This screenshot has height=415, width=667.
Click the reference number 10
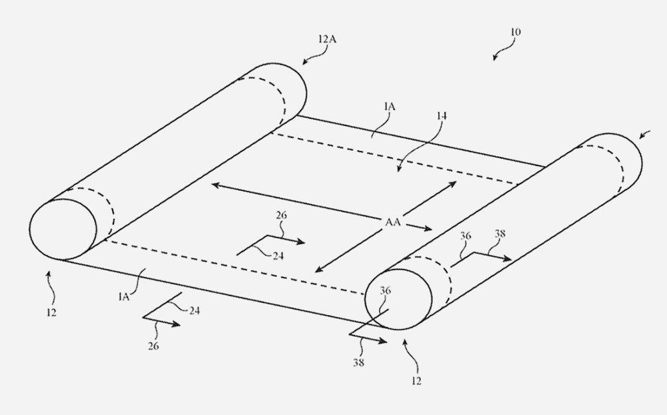pos(515,32)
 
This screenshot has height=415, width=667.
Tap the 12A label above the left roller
pos(327,39)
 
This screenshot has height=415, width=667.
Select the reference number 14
pos(441,116)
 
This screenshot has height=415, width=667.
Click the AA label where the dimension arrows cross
pos(393,222)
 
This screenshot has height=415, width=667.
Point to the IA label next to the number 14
pos(390,106)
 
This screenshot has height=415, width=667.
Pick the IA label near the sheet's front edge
pos(124,297)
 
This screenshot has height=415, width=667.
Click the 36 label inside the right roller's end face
pos(385,291)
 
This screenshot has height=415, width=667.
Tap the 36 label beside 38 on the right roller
pos(466,236)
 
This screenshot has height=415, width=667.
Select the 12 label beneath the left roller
pos(51,313)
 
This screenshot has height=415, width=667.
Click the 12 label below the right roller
pos(416,381)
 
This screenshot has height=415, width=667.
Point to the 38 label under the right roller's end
pos(359,363)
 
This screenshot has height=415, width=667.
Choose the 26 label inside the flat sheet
pos(281,216)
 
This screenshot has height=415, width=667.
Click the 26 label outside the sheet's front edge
pos(153,346)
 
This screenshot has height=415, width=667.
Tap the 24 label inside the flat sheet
pos(278,256)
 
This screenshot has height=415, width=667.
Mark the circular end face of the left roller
pos(63,230)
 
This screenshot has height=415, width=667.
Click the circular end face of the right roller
pos(398,299)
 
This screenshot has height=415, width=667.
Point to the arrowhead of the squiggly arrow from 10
pos(495,57)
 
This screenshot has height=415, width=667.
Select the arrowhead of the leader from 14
pos(399,169)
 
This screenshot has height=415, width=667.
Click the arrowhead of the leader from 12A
pos(305,62)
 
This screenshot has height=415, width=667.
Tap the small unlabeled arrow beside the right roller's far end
pos(645,133)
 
